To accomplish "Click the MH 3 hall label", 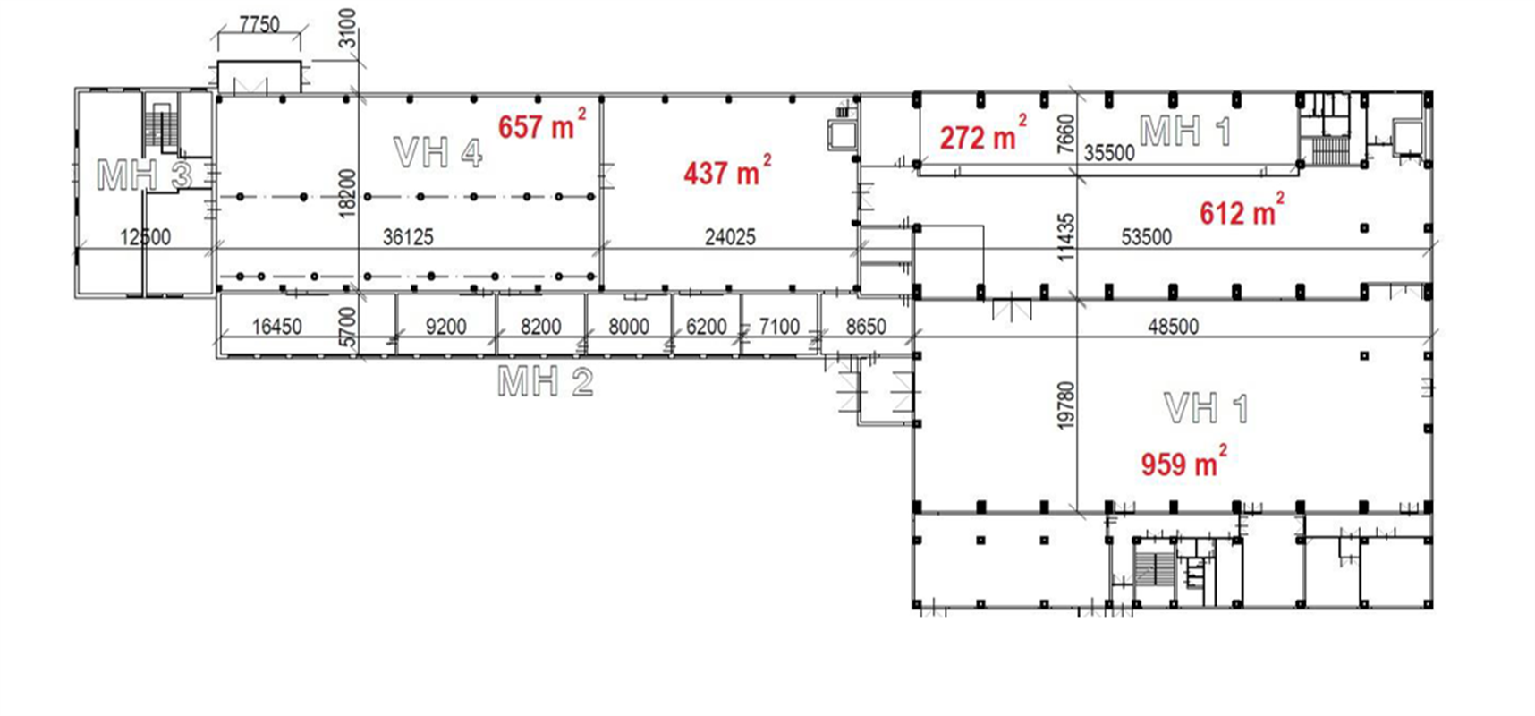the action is pyautogui.click(x=144, y=175).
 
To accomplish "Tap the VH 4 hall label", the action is pyautogui.click(x=438, y=153).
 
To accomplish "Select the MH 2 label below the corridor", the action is pyautogui.click(x=546, y=382).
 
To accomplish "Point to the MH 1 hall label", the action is pyautogui.click(x=1186, y=132).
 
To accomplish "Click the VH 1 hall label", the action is pyautogui.click(x=1207, y=408).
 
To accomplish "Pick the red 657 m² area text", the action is pyautogui.click(x=542, y=125).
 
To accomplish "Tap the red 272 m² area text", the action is pyautogui.click(x=983, y=135).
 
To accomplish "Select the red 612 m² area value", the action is pyautogui.click(x=1242, y=210).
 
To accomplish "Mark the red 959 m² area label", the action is pyautogui.click(x=1183, y=463).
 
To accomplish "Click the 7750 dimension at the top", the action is pyautogui.click(x=259, y=24).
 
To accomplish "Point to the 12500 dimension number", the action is pyautogui.click(x=145, y=237).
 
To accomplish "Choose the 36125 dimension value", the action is pyautogui.click(x=408, y=237).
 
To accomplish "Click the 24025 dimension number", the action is pyautogui.click(x=730, y=237).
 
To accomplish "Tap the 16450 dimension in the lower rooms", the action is pyautogui.click(x=277, y=327).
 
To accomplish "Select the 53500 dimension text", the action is pyautogui.click(x=1146, y=237).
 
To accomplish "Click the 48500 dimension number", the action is pyautogui.click(x=1173, y=327).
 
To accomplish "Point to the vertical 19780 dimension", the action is pyautogui.click(x=1065, y=405).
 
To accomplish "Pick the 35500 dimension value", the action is pyautogui.click(x=1109, y=153).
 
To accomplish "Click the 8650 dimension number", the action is pyautogui.click(x=866, y=327).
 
